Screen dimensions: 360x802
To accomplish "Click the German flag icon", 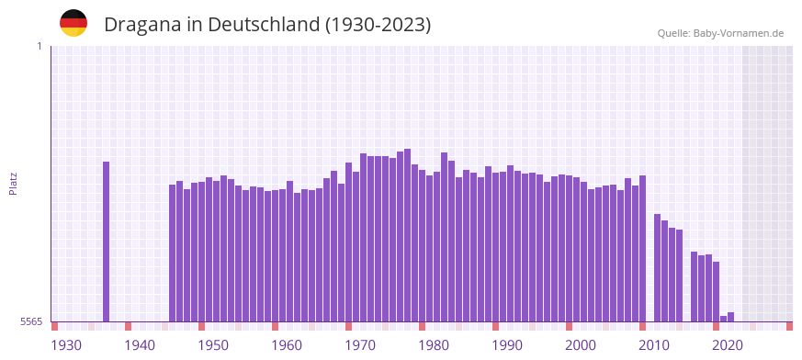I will tap(73, 23).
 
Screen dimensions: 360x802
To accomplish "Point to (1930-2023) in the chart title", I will tap(378, 24).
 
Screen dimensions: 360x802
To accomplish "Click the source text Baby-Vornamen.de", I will tap(738, 33).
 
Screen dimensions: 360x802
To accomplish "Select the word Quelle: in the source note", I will tap(673, 33).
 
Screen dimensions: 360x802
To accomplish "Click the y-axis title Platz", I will tap(13, 183).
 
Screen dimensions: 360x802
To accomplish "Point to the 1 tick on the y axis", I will tap(39, 46).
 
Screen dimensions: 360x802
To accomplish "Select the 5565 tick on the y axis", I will tap(30, 321).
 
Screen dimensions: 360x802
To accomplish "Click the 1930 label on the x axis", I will tap(66, 344).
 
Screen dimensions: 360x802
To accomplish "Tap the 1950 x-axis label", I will tap(213, 344).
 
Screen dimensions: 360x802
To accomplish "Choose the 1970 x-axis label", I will tap(360, 344).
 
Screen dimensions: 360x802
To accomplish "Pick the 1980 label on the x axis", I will tap(434, 344).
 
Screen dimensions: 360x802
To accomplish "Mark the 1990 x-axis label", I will tap(507, 344).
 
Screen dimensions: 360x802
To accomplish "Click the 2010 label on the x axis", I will tap(654, 344).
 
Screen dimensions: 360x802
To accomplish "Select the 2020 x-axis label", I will tap(728, 344).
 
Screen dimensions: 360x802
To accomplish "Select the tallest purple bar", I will tap(408, 234).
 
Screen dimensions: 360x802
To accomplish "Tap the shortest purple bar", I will tap(724, 319).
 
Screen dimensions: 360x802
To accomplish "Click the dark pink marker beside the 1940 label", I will tap(129, 326).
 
